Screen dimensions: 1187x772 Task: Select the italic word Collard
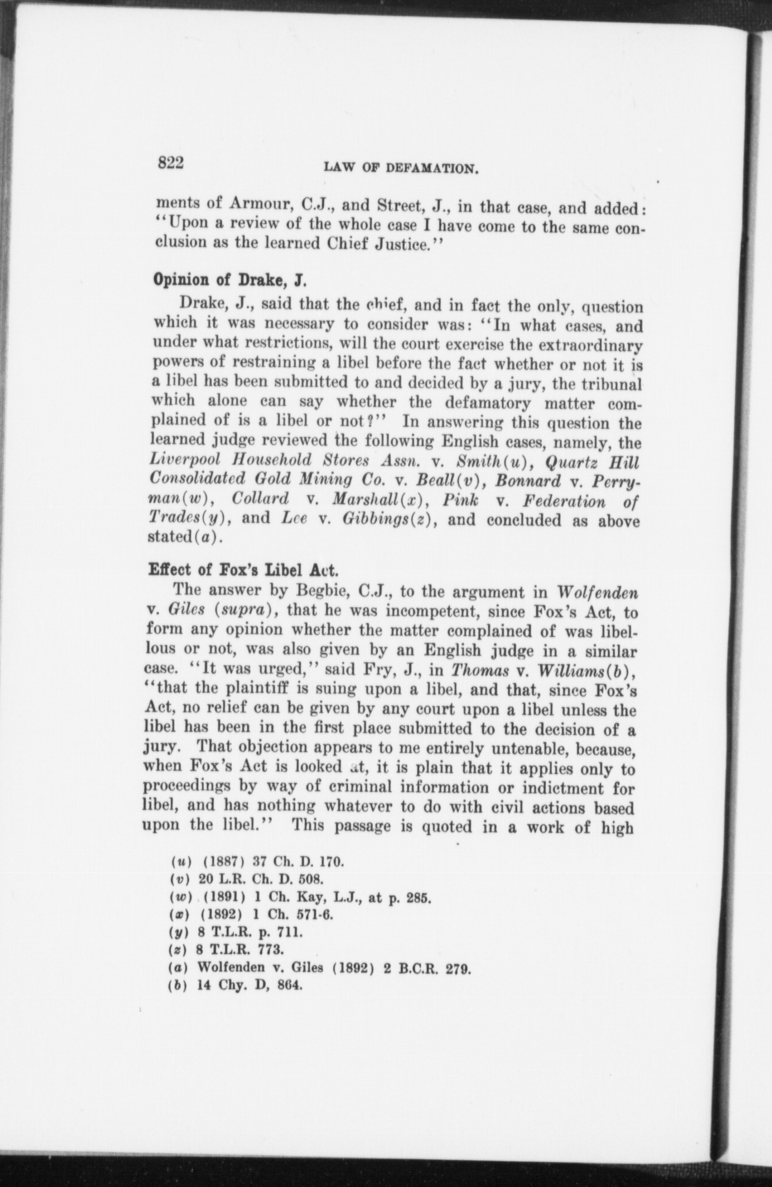point(260,500)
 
